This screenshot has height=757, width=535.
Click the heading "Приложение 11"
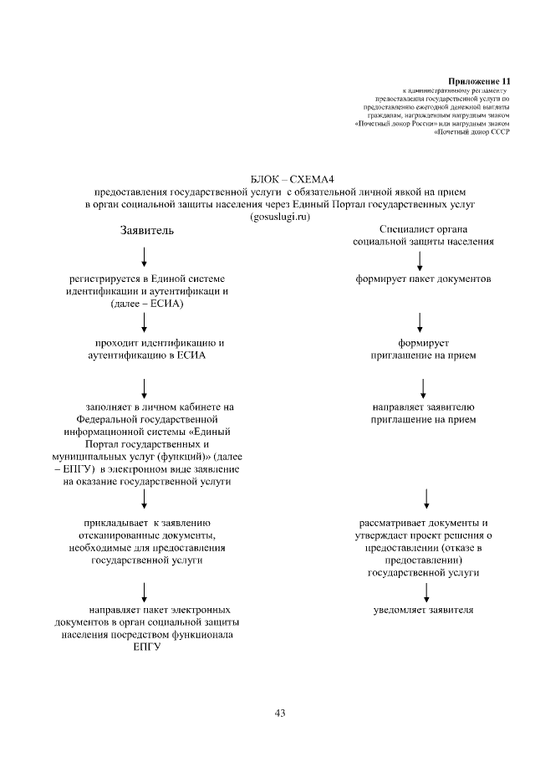[484, 80]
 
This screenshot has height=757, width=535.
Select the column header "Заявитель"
[147, 230]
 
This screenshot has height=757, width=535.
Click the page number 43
[280, 714]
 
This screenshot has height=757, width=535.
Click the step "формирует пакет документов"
[421, 279]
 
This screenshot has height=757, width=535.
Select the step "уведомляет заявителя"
[423, 610]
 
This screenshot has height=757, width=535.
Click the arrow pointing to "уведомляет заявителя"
[427, 592]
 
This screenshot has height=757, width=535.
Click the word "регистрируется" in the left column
[106, 279]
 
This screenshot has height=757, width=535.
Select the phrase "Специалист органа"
[422, 229]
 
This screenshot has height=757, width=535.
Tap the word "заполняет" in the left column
[106, 407]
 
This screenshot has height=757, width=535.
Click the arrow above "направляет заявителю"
[424, 387]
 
